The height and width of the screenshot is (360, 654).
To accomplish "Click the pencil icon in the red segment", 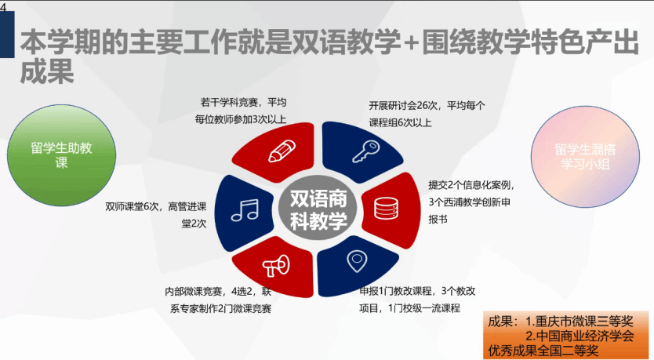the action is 282,151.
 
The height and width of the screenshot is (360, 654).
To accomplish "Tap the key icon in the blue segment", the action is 365,151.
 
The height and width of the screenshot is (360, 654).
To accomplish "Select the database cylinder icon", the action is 386,208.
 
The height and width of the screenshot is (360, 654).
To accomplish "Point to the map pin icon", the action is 357,261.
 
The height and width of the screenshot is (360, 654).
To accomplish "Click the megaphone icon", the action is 276,265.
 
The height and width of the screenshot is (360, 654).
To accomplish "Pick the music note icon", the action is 245,210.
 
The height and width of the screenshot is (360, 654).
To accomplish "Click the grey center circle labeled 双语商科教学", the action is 318,209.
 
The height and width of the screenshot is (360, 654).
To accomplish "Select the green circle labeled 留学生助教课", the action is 62,155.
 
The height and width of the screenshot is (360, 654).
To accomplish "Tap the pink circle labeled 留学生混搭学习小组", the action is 585,156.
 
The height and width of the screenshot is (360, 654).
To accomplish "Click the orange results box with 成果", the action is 565,335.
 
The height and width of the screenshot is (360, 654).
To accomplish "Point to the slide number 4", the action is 3,7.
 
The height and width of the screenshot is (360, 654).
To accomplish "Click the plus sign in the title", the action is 411,42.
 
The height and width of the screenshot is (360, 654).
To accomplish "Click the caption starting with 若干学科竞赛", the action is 241,111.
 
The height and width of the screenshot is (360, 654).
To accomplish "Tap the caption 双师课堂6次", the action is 132,206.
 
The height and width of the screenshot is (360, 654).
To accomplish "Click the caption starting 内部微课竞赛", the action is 218,300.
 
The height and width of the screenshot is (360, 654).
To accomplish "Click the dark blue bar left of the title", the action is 7,35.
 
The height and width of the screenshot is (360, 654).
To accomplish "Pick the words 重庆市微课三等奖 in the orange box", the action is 584,322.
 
